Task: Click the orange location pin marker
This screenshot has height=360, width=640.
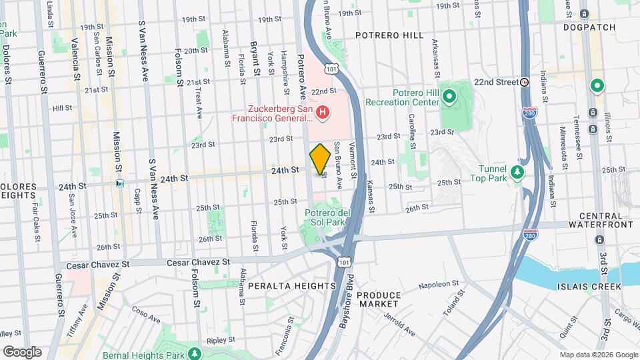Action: coord(320,159)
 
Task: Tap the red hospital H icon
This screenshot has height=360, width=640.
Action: coord(323,112)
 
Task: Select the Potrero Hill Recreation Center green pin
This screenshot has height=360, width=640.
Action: coord(449,97)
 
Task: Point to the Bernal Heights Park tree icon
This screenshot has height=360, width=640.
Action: coord(195,352)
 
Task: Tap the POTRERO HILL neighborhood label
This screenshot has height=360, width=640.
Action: coord(389,35)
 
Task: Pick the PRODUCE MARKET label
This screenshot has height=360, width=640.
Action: coord(379,299)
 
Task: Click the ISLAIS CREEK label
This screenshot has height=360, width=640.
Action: coord(589,287)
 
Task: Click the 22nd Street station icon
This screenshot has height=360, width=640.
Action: coord(525,82)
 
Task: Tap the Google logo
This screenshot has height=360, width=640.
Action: coord(22,351)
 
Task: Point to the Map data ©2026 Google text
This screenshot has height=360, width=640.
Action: coord(598,355)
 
